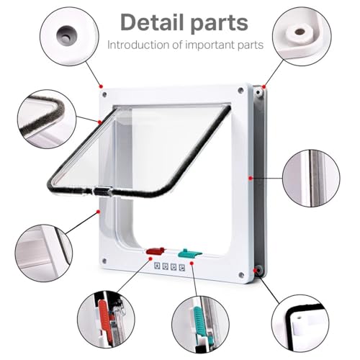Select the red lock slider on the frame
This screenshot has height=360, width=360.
tap(156, 251)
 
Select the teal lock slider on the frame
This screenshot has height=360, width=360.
tap(189, 253)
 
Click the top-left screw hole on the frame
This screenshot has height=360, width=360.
tap(104, 94)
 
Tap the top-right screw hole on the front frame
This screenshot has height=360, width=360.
tap(240, 91)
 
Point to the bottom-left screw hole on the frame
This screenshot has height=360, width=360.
tap(104, 261)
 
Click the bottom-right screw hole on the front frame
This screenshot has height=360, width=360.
tap(240, 275)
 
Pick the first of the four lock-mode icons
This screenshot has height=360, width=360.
tap(157, 266)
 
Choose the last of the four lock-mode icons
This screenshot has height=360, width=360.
tap(182, 268)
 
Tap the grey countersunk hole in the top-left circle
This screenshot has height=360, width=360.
tap(65, 35)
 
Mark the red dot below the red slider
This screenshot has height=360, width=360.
tap(150, 258)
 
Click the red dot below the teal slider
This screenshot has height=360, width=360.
tap(192, 264)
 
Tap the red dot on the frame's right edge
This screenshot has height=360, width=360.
tap(251, 178)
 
